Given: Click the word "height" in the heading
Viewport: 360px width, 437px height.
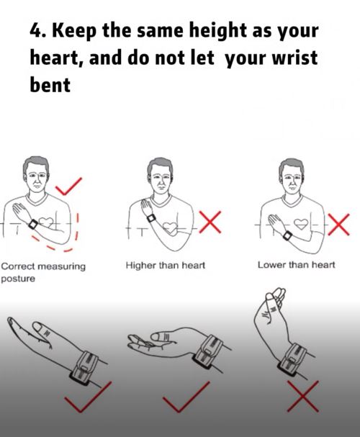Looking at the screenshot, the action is pyautogui.click(x=218, y=31).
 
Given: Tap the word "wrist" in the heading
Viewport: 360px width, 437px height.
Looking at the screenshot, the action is pyautogui.click(x=295, y=58).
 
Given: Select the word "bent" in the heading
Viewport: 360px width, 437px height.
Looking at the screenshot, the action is pyautogui.click(x=50, y=84).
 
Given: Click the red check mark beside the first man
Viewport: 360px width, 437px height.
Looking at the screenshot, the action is pyautogui.click(x=68, y=186).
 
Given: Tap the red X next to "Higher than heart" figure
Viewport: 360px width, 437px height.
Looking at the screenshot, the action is pyautogui.click(x=210, y=222).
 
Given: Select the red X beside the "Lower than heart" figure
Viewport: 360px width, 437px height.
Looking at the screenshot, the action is pyautogui.click(x=338, y=225).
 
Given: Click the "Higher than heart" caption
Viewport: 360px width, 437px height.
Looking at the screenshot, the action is pyautogui.click(x=165, y=265).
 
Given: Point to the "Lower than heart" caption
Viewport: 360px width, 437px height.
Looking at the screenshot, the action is pyautogui.click(x=296, y=264).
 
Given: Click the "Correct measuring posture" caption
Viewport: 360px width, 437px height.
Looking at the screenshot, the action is pyautogui.click(x=43, y=272).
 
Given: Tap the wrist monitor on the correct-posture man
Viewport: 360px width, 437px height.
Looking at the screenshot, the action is pyautogui.click(x=33, y=224).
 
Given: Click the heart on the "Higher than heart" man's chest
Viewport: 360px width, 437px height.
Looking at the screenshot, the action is pyautogui.click(x=170, y=228).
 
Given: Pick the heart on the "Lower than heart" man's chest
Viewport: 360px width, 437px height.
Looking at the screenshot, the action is pyautogui.click(x=301, y=223).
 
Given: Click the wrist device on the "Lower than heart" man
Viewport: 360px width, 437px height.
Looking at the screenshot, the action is pyautogui.click(x=287, y=236).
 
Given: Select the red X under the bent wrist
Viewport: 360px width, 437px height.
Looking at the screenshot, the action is pyautogui.click(x=303, y=397).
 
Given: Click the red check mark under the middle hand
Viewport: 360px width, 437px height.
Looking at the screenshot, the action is pyautogui.click(x=186, y=397).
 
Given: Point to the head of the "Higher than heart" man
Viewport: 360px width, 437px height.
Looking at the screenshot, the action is pyautogui.click(x=161, y=176).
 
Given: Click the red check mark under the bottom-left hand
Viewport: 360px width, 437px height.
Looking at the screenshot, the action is pyautogui.click(x=88, y=397).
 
